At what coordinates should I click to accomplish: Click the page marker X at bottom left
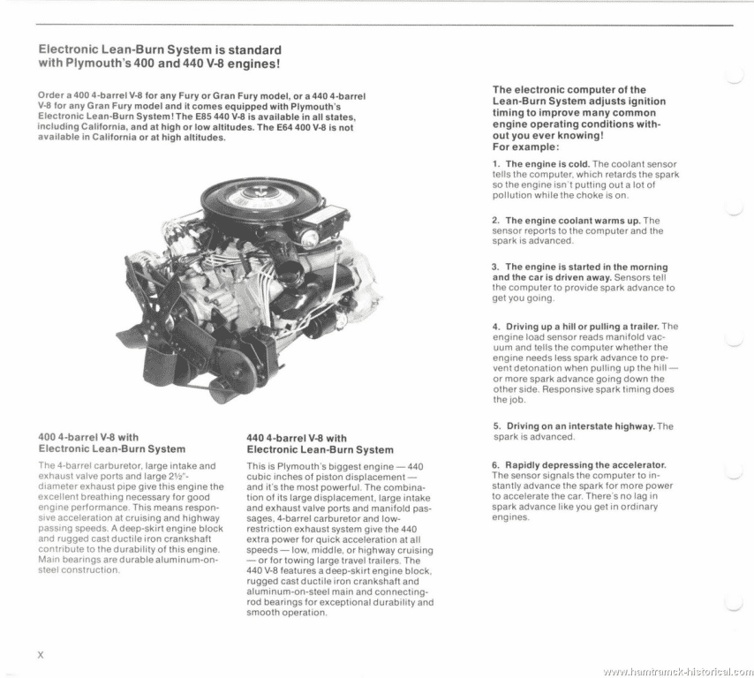(41, 654)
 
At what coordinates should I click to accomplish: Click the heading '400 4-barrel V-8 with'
(89, 436)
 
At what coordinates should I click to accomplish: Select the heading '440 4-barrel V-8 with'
(296, 437)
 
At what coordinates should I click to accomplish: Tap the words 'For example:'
(520, 147)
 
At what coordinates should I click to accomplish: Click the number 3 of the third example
(495, 267)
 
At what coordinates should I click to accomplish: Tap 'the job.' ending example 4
(509, 399)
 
